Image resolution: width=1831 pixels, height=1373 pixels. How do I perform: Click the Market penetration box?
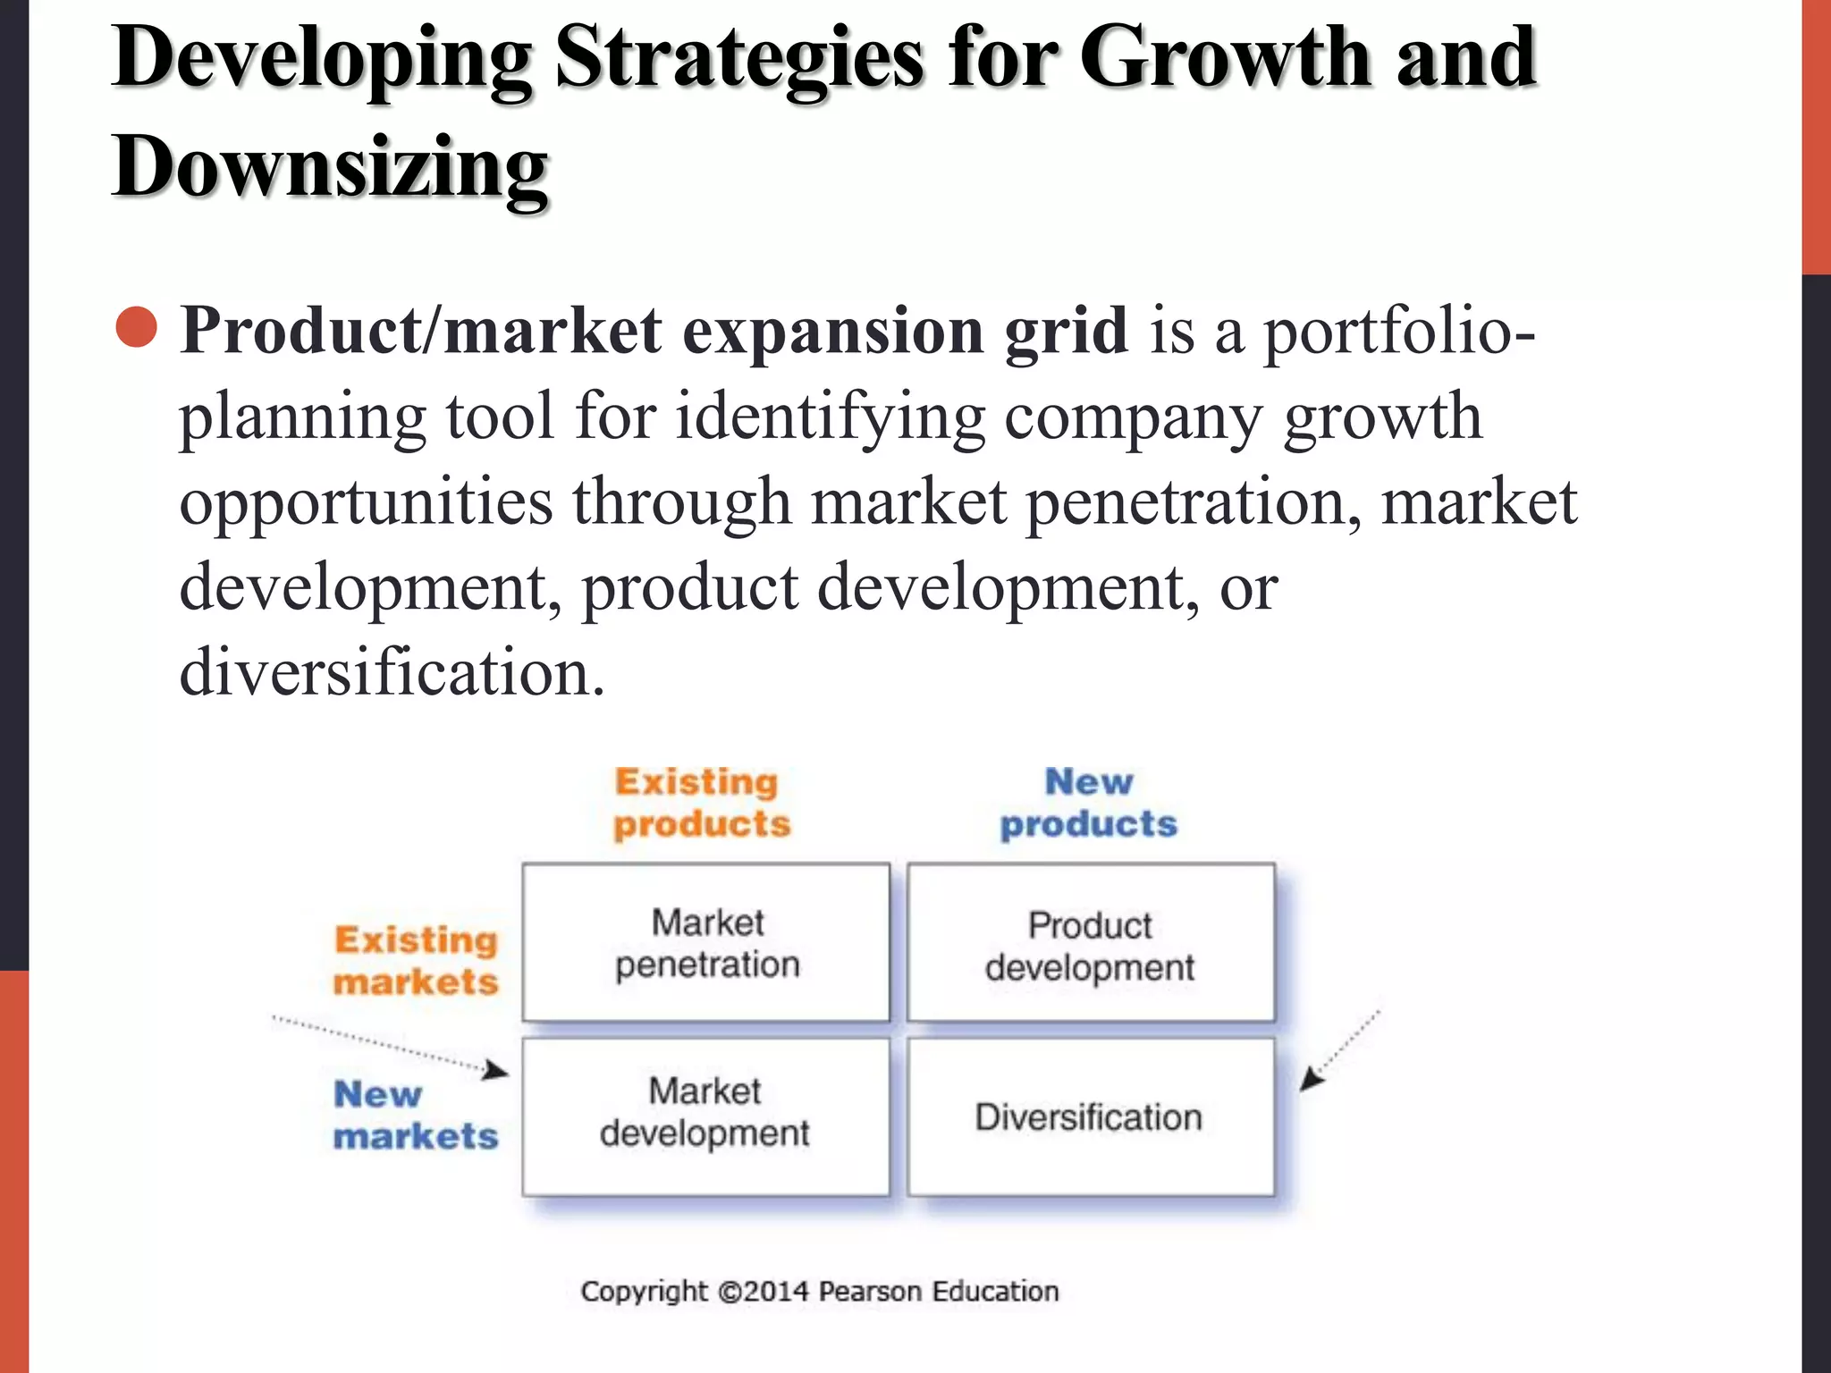pos(706,942)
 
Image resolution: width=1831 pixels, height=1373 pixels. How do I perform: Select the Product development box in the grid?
pos(1091,942)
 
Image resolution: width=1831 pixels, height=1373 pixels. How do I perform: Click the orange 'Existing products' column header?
pos(702,803)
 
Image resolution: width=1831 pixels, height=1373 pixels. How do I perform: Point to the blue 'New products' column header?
pos(1089,803)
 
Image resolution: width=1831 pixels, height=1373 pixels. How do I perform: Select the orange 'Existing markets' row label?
pos(416,961)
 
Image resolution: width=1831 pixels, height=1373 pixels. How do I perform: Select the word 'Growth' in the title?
pos(1226,57)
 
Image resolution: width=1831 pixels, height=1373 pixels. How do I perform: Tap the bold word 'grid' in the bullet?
pos(1066,331)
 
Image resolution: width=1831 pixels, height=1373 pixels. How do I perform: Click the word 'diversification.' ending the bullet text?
pos(392,672)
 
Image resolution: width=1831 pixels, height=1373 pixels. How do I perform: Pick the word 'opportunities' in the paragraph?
pos(366,501)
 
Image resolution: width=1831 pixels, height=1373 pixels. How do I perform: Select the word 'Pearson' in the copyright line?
pos(870,1291)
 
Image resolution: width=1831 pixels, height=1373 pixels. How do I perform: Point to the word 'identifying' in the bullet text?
pos(829,417)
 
